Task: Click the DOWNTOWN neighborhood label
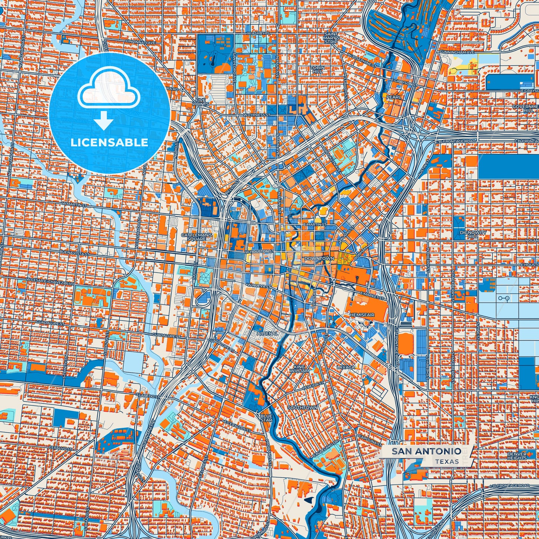319,258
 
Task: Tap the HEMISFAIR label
361,315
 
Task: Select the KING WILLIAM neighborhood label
299,369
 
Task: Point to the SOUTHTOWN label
303,408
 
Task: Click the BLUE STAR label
266,418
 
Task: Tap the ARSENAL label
267,333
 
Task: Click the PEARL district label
394,97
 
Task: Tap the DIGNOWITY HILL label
473,234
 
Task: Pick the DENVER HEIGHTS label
517,456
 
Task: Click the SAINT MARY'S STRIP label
331,38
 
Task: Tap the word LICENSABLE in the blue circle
109,142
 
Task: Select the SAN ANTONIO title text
426,451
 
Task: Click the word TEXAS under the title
446,461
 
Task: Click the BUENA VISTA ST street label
74,253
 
